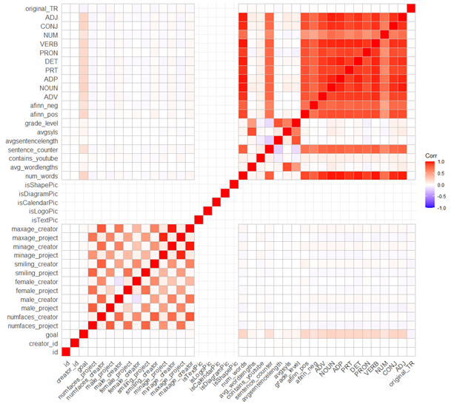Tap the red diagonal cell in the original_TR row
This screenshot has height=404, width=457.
coord(411,8)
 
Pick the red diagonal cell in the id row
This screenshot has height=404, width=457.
coord(67,352)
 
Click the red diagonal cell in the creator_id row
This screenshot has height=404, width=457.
coord(76,343)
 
